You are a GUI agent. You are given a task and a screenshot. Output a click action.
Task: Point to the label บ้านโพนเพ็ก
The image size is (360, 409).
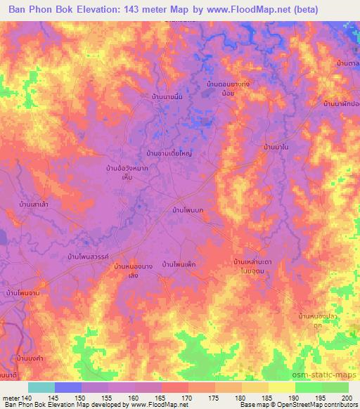(x=179, y=264)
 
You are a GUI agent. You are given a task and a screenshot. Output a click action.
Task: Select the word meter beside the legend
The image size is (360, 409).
(x=10, y=398)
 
